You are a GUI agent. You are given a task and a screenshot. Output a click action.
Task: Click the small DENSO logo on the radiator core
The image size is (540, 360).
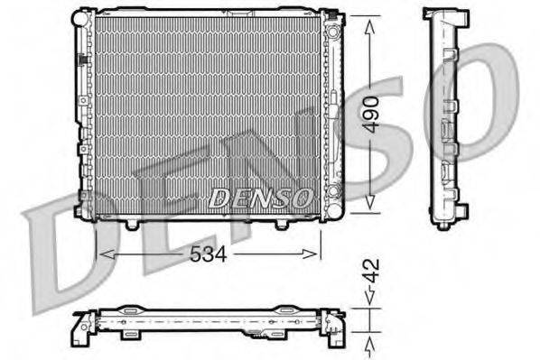(x=261, y=196)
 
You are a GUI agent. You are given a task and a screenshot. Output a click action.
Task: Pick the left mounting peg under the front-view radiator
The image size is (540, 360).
(x=133, y=220)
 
